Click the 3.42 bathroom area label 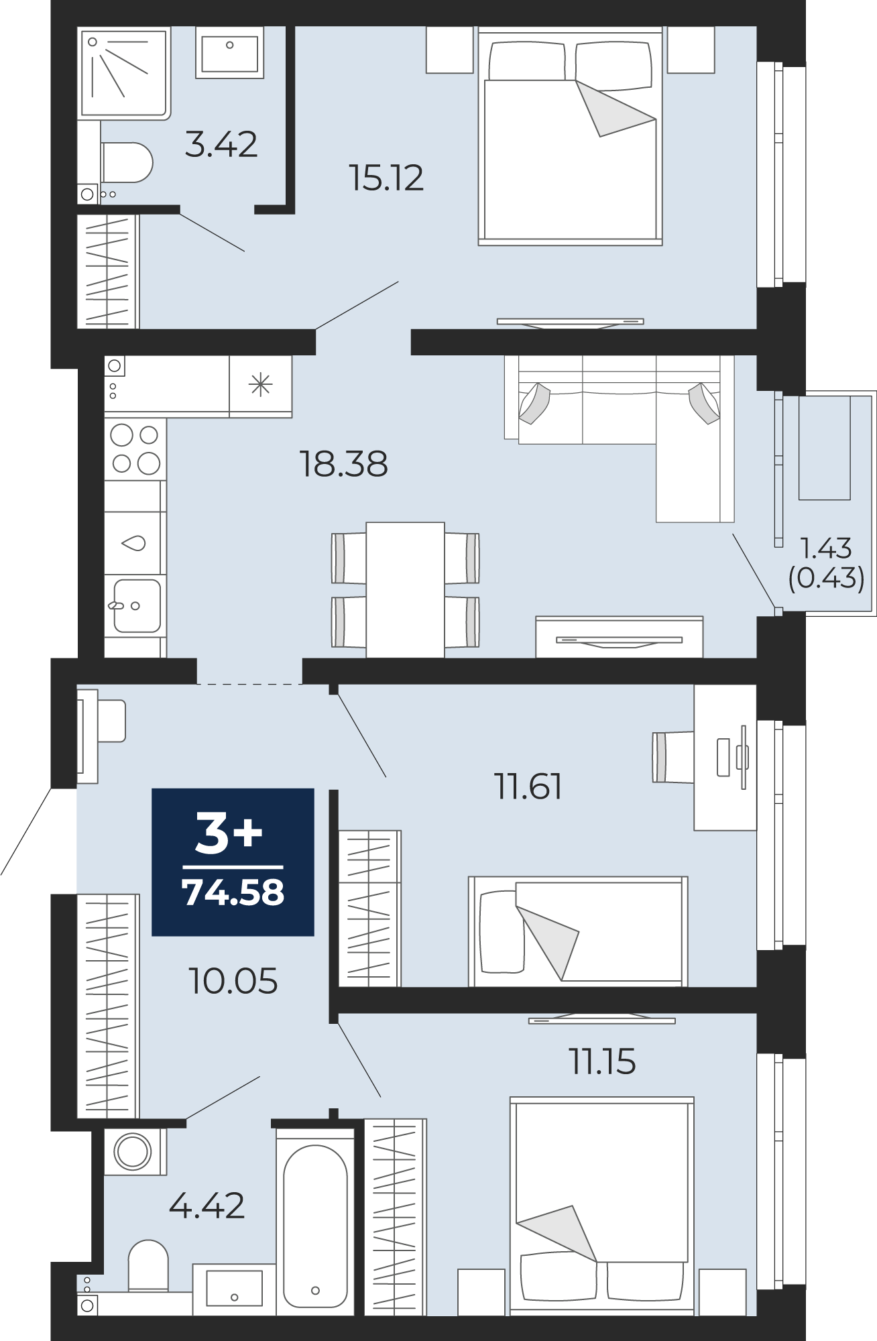tap(221, 144)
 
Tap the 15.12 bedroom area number tap(386, 178)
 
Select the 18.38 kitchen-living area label tap(343, 464)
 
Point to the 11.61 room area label tap(528, 786)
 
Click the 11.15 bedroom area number tap(602, 1061)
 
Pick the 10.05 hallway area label tap(233, 981)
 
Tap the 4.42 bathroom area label tap(207, 1206)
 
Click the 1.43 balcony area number tap(826, 548)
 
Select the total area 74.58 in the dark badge tap(233, 892)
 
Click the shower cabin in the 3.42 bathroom tap(124, 73)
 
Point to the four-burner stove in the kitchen tap(135, 449)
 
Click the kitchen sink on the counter tap(136, 606)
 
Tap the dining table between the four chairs tap(405, 590)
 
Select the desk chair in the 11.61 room tap(673, 757)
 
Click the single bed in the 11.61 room tap(578, 931)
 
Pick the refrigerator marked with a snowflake tap(261, 386)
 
